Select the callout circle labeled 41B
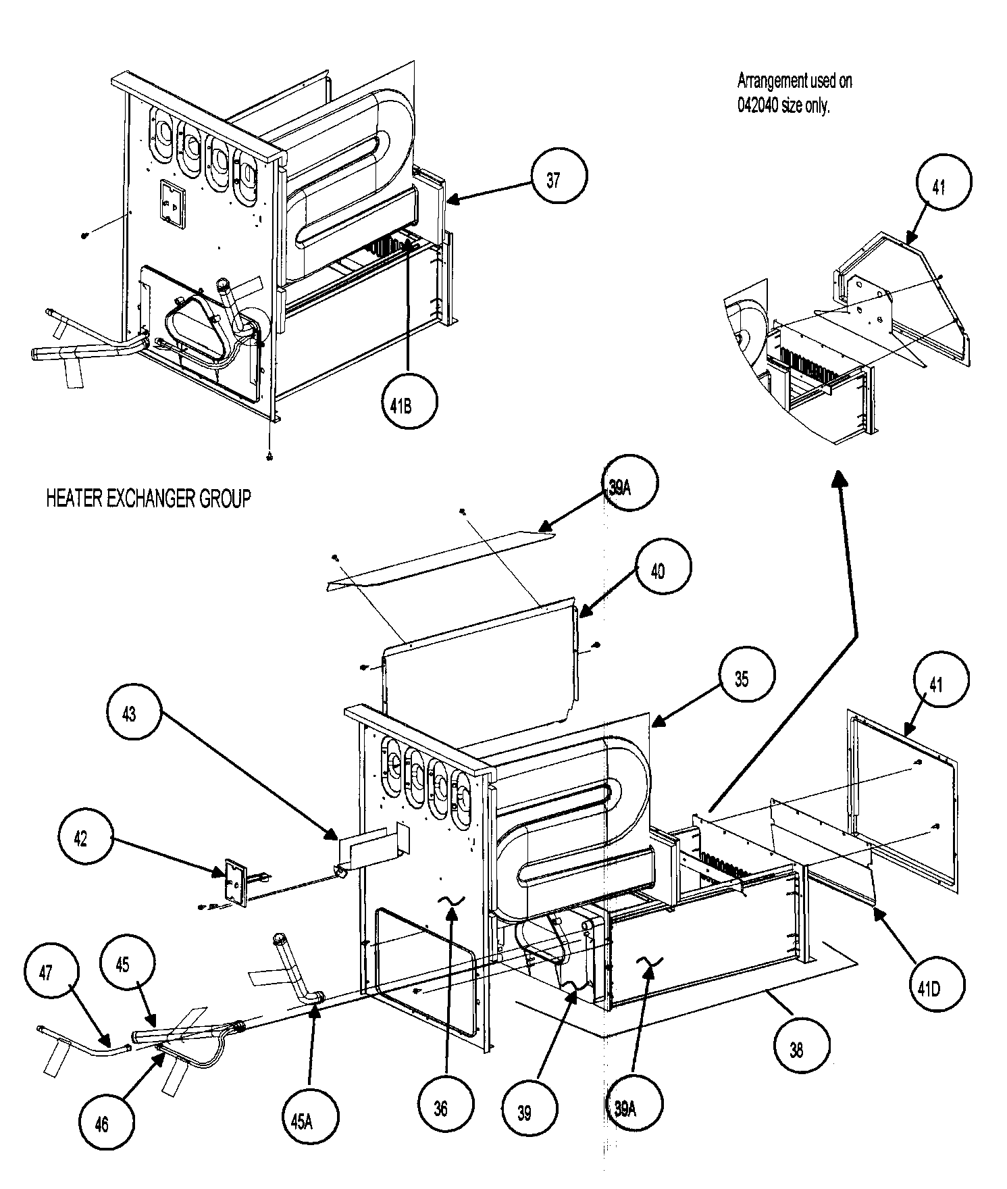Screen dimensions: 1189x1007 tap(409, 401)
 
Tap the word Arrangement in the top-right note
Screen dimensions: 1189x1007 tap(770, 81)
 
